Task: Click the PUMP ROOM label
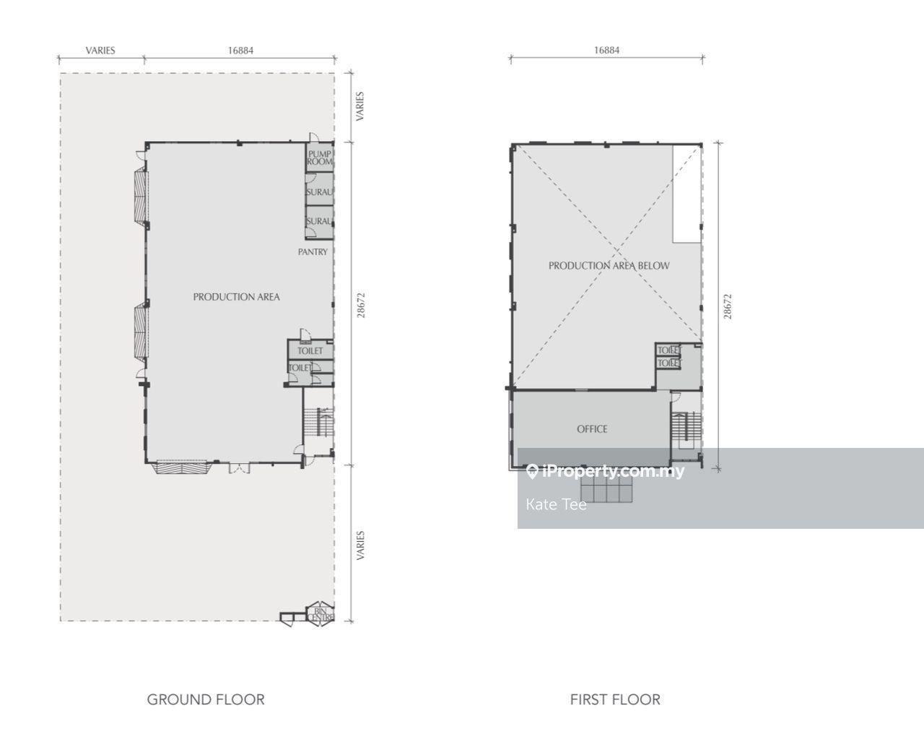pos(320,157)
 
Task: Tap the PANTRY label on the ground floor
pos(313,251)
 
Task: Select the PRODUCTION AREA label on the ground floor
pos(237,297)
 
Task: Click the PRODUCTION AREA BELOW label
pos(609,266)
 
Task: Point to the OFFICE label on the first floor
pos(592,429)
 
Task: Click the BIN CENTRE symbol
pos(320,614)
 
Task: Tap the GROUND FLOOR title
pos(206,700)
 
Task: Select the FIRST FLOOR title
pos(615,700)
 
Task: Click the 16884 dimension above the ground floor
pos(241,51)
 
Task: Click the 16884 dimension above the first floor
pos(606,50)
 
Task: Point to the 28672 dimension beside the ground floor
pos(361,305)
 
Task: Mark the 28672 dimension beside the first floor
pos(728,306)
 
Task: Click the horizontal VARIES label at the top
pos(100,51)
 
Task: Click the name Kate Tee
pos(556,504)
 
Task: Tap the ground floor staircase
pos(318,421)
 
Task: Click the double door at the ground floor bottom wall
pos(240,468)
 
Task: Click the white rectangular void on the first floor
pos(687,194)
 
